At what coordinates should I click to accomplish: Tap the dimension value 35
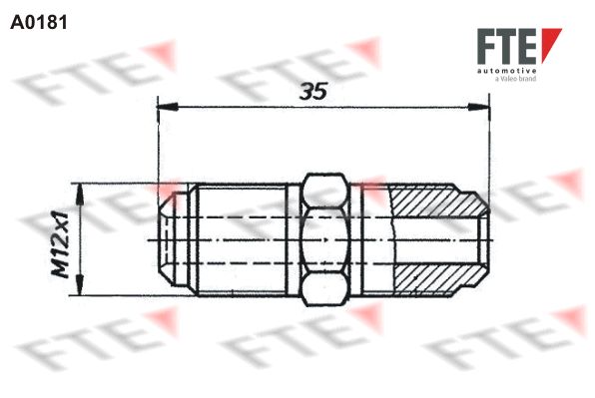tap(313, 92)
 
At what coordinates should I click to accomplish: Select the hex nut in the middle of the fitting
tap(325, 239)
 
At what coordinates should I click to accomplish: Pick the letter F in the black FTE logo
tap(485, 48)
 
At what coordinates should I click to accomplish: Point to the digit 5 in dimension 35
tap(321, 92)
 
